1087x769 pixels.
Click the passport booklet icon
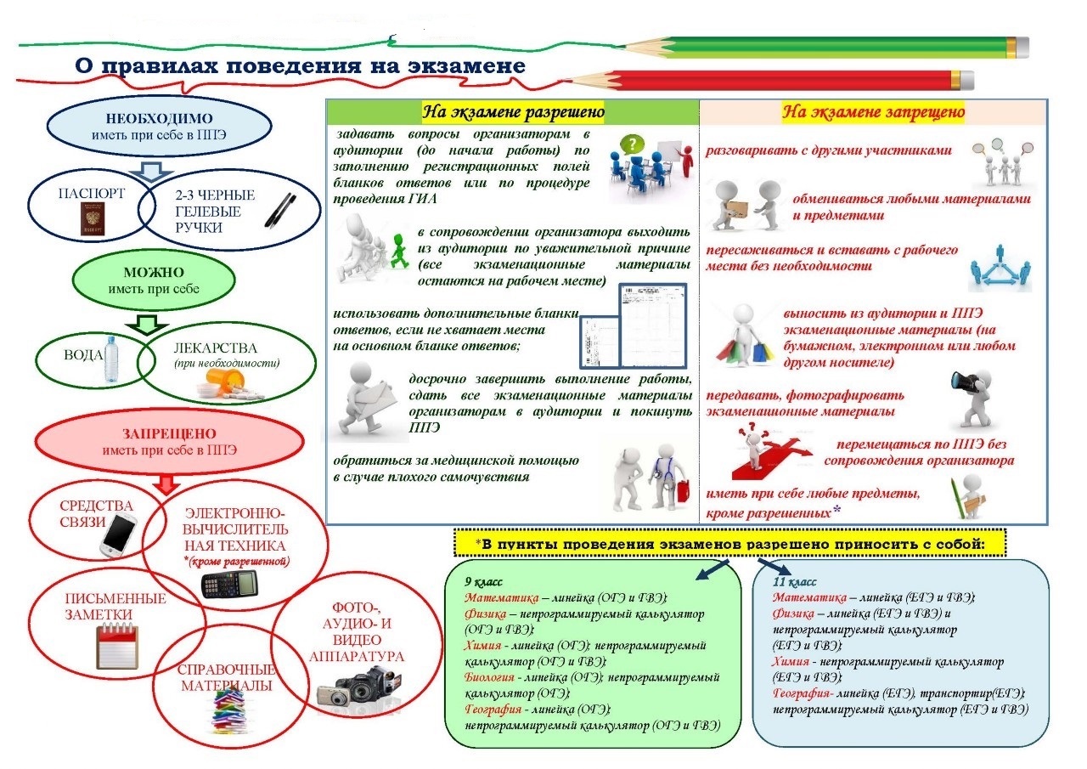coord(93,219)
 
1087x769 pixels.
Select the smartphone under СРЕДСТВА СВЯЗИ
coord(118,534)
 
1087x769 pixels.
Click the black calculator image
coord(229,584)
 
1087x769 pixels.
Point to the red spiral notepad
coord(117,647)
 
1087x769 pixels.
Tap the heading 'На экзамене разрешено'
coord(514,112)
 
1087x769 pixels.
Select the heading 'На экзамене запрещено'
coord(873,112)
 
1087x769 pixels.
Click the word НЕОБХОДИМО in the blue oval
coord(160,118)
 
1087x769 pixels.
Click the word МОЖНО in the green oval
coord(154,272)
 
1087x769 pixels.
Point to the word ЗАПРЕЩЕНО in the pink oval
coord(169,433)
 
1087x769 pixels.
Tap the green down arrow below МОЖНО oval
coord(147,325)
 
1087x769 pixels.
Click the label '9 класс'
coord(483,581)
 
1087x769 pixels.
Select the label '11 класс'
coord(794,581)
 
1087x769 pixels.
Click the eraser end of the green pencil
coord(1022,48)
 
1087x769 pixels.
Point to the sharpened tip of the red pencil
coord(569,80)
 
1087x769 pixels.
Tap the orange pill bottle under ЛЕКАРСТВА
coord(225,379)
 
